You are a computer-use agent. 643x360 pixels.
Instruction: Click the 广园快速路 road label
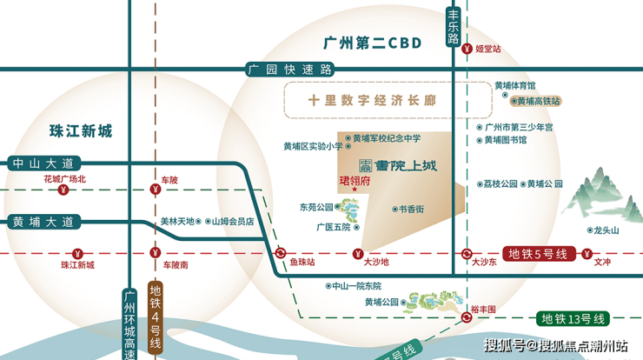[x=290, y=70]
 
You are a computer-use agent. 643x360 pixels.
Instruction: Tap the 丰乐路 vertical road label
[x=453, y=27]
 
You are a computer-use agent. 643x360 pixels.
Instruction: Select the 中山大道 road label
[x=43, y=163]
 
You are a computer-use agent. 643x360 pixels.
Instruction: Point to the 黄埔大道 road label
[x=43, y=222]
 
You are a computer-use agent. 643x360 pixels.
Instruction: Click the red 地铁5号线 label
[x=539, y=254]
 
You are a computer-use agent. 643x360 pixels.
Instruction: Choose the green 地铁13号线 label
[x=573, y=318]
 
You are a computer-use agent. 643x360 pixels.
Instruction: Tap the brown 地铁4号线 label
[x=155, y=317]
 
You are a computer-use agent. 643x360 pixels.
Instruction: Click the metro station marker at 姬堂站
[x=467, y=49]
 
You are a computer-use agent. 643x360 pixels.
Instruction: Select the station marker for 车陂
[x=155, y=190]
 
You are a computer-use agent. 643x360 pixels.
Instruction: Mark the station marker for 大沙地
[x=358, y=254]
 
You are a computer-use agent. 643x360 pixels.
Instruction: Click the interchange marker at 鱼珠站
[x=281, y=253]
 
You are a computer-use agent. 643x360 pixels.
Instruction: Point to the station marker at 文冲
[x=587, y=254]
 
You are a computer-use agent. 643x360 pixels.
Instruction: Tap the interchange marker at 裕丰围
[x=467, y=317]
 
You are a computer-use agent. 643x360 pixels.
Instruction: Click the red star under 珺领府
[x=355, y=190]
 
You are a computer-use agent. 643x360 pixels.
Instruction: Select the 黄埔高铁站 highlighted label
[x=535, y=101]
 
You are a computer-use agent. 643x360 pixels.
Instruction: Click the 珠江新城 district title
[x=81, y=131]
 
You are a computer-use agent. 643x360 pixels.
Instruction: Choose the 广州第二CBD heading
[x=373, y=43]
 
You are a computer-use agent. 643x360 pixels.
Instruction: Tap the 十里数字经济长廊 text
[x=372, y=100]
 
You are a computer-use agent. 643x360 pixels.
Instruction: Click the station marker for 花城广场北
[x=63, y=190]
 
